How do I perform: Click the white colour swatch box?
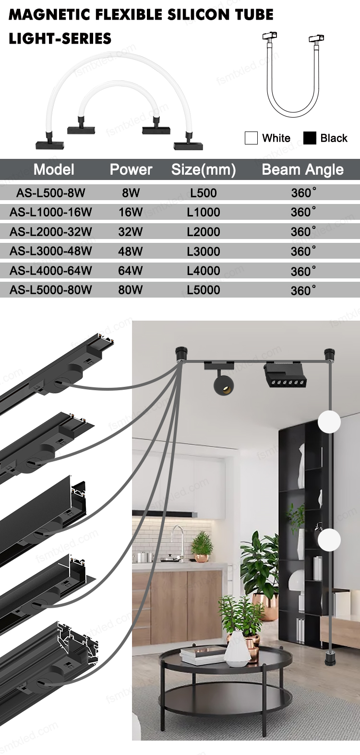pyautogui.click(x=251, y=138)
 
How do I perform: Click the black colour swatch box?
pyautogui.click(x=310, y=138)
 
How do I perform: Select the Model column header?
pyautogui.click(x=54, y=169)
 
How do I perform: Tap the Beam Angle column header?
pyautogui.click(x=302, y=169)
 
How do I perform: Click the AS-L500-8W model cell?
pyautogui.click(x=50, y=193)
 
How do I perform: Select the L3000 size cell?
pyautogui.click(x=204, y=252)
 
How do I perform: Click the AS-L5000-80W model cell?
pyautogui.click(x=50, y=290)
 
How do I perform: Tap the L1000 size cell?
pyautogui.click(x=204, y=212)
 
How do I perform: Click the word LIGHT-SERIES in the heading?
pyautogui.click(x=60, y=39)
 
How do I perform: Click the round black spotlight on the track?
pyautogui.click(x=223, y=383)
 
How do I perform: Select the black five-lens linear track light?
pyautogui.click(x=285, y=375)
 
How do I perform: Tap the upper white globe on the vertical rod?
pyautogui.click(x=329, y=422)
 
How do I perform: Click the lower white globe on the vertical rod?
pyautogui.click(x=329, y=539)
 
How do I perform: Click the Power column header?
pyautogui.click(x=131, y=169)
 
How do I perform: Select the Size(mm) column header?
pyautogui.click(x=204, y=169)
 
